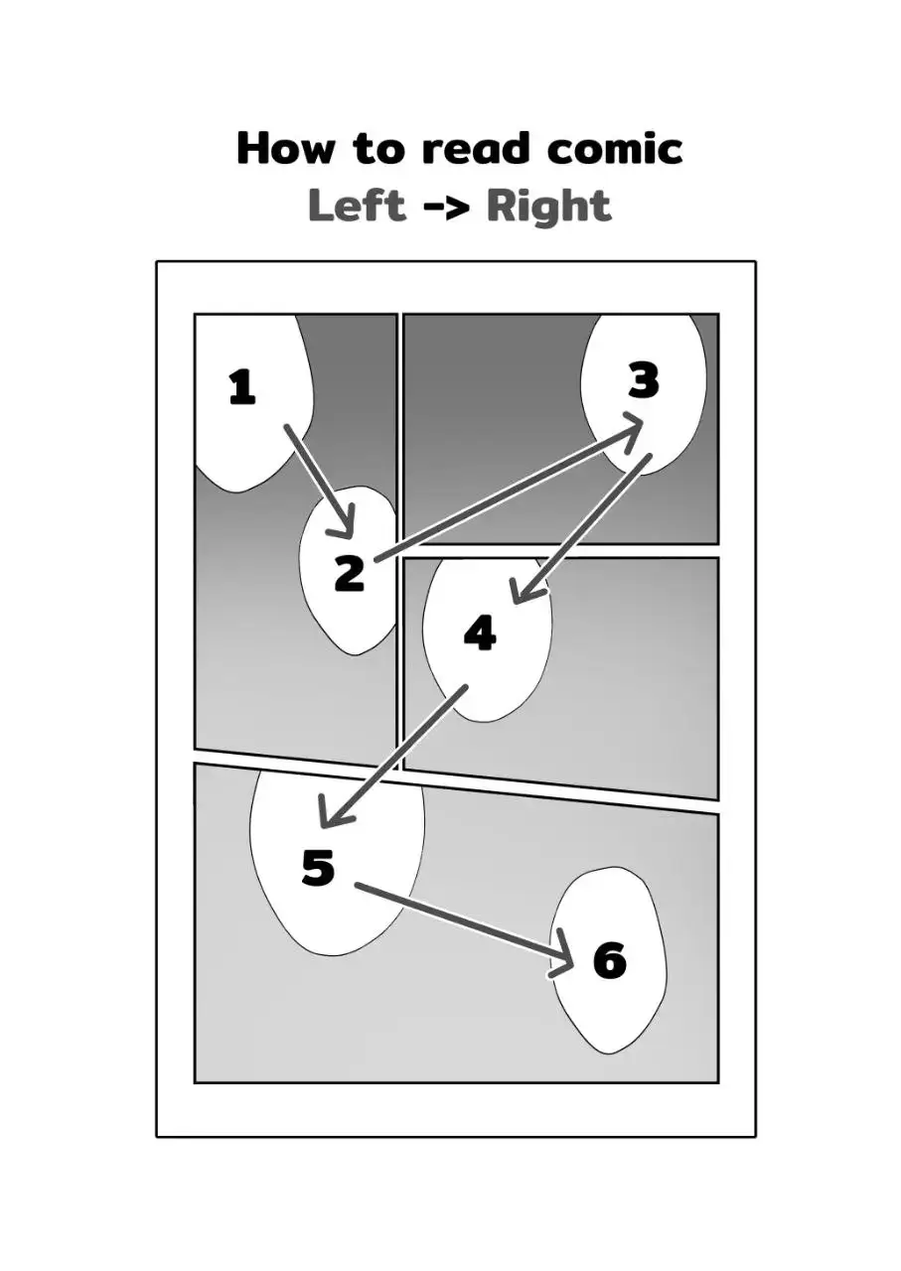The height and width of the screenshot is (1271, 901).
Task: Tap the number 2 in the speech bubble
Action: click(x=349, y=573)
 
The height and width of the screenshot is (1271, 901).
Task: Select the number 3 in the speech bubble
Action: click(x=644, y=380)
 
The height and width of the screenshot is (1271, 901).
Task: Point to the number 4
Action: click(x=480, y=633)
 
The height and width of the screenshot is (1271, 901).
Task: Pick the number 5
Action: click(x=318, y=867)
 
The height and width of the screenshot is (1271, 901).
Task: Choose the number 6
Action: click(x=609, y=960)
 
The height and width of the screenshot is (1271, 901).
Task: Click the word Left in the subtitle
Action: click(x=357, y=206)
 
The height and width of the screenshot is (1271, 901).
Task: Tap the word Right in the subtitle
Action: click(x=548, y=207)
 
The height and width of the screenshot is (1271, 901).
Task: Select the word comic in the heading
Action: click(x=616, y=149)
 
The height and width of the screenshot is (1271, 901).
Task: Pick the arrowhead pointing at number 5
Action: click(x=328, y=817)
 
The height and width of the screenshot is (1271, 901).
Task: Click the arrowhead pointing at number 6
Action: click(x=565, y=954)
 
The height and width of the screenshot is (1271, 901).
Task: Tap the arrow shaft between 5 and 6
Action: click(x=457, y=918)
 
